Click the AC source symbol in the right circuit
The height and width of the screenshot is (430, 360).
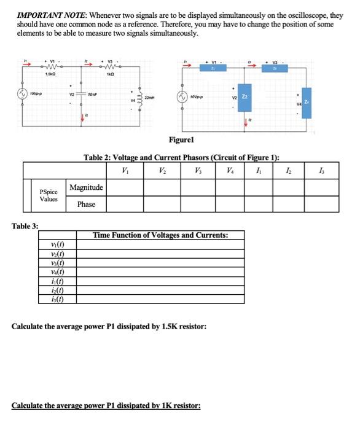coord(182,96)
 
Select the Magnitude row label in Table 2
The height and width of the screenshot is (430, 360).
coord(86,187)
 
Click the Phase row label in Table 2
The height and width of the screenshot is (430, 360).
coord(86,204)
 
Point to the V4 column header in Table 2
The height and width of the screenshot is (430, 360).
coord(229,170)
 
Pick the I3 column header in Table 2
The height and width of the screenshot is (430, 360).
coord(324,170)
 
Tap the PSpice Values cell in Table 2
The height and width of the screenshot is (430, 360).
coord(49,195)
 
